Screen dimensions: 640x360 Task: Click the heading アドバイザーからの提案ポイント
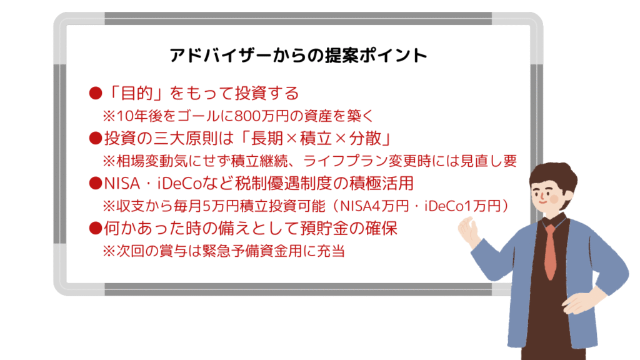[x=298, y=55]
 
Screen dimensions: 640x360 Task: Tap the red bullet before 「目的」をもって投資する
[x=96, y=94]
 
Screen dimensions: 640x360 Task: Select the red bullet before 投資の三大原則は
[x=96, y=138]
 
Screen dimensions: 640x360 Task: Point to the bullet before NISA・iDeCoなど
[x=96, y=183]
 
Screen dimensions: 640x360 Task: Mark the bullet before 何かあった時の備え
[x=96, y=228]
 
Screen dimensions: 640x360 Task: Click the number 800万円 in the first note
[x=262, y=116]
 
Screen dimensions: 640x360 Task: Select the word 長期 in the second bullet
[x=266, y=138]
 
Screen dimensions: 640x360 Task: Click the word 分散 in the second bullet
[x=365, y=138]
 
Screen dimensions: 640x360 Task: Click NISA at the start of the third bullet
[x=122, y=184]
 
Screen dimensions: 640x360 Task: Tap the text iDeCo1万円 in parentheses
[x=462, y=206]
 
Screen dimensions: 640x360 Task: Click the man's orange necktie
[x=550, y=251]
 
